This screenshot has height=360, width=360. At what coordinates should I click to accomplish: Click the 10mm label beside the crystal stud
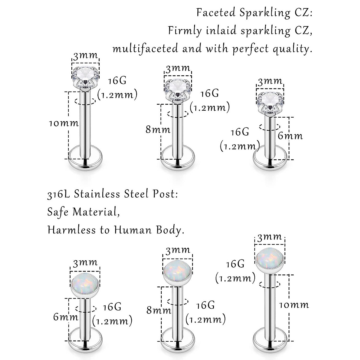point(64,123)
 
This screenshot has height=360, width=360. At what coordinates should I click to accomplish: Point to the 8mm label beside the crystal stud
point(158,130)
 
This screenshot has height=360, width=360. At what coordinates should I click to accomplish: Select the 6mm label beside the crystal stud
point(290,136)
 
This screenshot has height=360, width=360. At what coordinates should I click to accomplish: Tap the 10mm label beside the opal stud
point(294,305)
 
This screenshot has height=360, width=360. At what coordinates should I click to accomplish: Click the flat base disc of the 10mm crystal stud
point(85,161)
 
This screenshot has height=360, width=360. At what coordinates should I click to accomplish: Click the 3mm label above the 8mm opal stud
point(178,250)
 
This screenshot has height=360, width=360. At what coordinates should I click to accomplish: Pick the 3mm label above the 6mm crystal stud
point(270,81)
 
